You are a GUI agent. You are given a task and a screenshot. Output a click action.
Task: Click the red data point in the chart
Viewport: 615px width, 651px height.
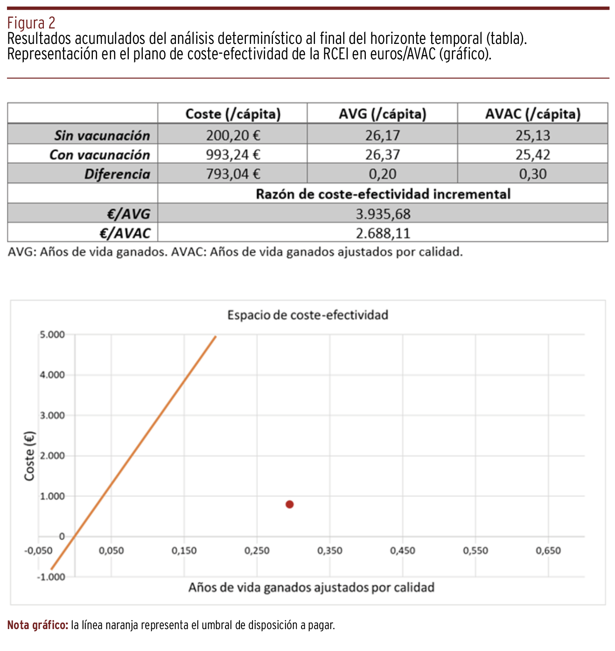(x=289, y=504)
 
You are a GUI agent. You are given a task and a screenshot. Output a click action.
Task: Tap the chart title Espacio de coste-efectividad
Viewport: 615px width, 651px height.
(x=307, y=315)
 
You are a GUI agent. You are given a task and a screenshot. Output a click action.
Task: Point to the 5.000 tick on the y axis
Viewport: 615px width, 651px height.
(x=52, y=335)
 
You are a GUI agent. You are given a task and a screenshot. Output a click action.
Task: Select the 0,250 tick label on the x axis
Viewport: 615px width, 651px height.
(x=257, y=551)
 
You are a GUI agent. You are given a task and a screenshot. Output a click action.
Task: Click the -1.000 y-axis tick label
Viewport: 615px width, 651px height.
(x=51, y=577)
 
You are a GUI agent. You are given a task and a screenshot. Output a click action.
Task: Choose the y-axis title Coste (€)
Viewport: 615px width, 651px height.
(x=29, y=456)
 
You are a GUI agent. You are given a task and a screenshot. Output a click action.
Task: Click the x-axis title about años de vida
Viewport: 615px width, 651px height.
(x=311, y=587)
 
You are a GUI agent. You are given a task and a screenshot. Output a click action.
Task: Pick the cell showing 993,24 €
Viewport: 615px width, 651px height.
(x=233, y=155)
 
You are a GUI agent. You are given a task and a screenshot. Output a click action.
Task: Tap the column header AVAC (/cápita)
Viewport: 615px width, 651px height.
(x=532, y=114)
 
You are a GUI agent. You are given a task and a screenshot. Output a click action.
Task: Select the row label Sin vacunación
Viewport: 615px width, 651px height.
(x=102, y=135)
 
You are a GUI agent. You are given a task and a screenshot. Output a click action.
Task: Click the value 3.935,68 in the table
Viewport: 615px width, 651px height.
(x=383, y=214)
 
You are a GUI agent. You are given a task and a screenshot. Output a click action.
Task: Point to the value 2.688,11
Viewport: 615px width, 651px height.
(x=383, y=233)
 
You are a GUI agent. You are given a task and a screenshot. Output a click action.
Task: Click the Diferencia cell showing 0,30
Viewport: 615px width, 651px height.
(x=532, y=174)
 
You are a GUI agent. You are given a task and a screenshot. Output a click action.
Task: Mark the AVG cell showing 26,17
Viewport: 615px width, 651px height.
(x=382, y=135)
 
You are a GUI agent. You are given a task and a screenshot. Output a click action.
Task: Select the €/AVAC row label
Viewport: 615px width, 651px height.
(x=128, y=233)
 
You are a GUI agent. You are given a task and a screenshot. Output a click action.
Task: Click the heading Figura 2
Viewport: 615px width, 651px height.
(x=31, y=22)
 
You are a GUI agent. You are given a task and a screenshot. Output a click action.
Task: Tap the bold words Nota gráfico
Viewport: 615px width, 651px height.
(x=38, y=625)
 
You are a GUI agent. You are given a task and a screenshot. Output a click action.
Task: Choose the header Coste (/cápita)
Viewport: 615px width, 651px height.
(x=233, y=114)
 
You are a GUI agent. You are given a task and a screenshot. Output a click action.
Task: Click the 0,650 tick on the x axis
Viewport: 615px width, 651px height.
(x=548, y=551)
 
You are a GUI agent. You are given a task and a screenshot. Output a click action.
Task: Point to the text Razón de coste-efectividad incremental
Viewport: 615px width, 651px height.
(x=383, y=194)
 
